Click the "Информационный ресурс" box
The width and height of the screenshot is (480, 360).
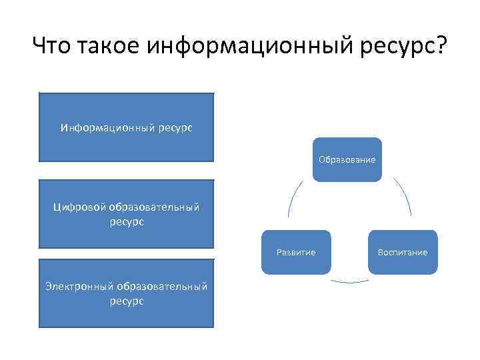click(127, 127)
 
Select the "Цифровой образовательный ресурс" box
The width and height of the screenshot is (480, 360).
click(127, 213)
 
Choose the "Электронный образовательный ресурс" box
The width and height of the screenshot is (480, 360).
click(127, 293)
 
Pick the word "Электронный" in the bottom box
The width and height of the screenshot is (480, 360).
click(79, 287)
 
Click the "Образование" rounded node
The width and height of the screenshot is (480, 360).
click(347, 160)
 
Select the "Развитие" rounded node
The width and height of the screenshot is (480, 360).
click(296, 253)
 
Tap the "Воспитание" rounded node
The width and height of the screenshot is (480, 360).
click(403, 253)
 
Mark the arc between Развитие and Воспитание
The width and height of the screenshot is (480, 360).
click(349, 281)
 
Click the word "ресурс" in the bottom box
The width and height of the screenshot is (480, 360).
click(127, 301)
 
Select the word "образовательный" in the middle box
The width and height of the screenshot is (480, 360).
click(154, 207)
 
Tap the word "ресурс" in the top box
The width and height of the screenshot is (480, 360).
click(175, 127)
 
